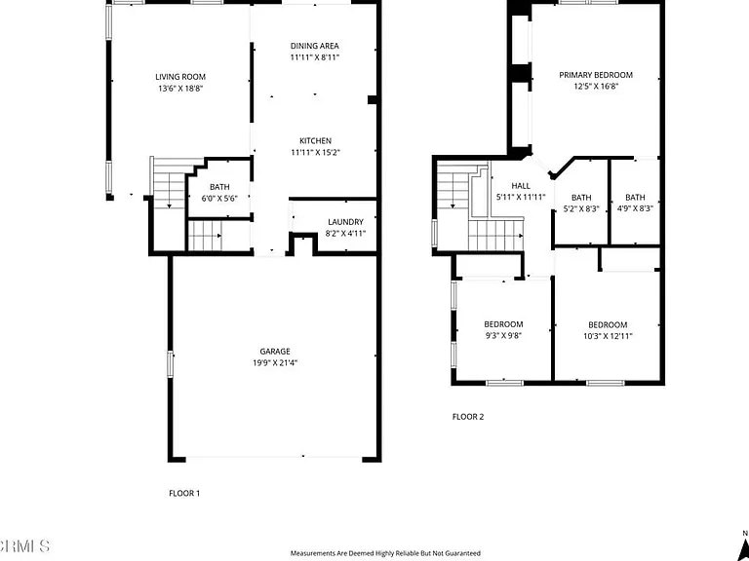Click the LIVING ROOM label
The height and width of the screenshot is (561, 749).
click(180, 77)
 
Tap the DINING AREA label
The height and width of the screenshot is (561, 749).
click(315, 46)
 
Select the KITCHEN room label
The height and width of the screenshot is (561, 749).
click(315, 141)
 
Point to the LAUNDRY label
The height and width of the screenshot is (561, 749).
click(345, 222)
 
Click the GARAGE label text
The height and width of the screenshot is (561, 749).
click(274, 352)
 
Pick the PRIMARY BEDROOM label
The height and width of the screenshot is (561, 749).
click(595, 75)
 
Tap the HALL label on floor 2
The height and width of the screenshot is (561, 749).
click(521, 186)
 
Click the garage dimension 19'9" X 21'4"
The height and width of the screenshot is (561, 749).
click(274, 362)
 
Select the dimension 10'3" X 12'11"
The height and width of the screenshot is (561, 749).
click(607, 336)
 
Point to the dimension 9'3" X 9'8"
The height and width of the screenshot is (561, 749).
click(503, 336)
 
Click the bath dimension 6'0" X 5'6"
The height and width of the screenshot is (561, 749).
click(218, 198)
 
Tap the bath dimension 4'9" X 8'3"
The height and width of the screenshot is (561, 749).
click(635, 208)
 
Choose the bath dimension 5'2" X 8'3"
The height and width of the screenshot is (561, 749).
click(581, 208)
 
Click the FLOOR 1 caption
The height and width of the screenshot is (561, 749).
click(184, 494)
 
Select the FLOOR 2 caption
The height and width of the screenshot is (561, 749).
click(468, 417)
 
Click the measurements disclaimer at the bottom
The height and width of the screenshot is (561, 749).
click(385, 553)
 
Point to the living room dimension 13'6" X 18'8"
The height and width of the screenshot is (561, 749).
click(180, 88)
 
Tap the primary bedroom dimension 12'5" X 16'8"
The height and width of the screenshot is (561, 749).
click(595, 86)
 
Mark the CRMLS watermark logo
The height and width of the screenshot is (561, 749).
click(24, 544)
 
